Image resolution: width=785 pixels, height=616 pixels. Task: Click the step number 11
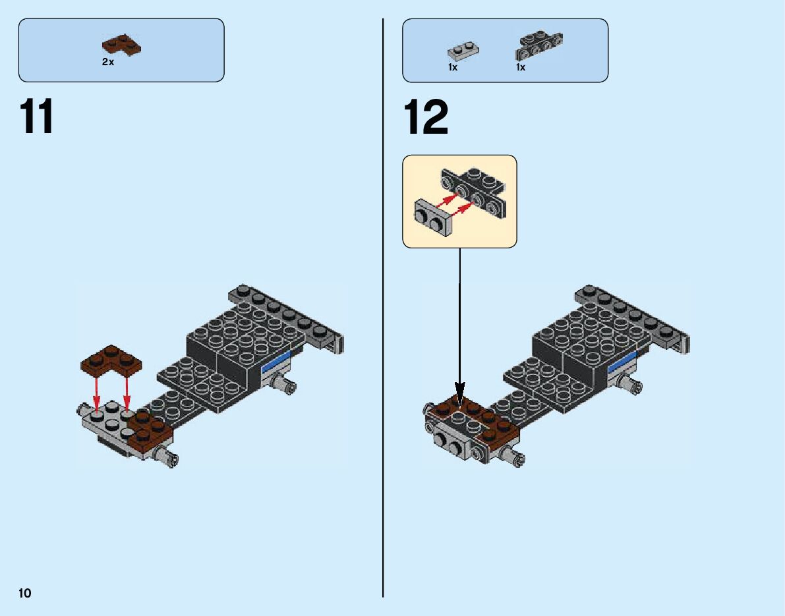(38, 117)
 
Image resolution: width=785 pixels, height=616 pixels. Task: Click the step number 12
(426, 117)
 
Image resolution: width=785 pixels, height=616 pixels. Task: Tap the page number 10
(24, 593)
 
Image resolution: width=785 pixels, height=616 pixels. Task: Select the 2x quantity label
(107, 61)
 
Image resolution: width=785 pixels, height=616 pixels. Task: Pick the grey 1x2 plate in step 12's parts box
(463, 51)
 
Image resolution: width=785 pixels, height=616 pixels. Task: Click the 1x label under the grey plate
(453, 67)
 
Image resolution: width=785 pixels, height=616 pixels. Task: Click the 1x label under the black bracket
(521, 67)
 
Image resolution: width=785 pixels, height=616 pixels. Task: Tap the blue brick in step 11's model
(277, 362)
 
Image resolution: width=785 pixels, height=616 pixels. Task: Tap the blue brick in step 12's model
(623, 362)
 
